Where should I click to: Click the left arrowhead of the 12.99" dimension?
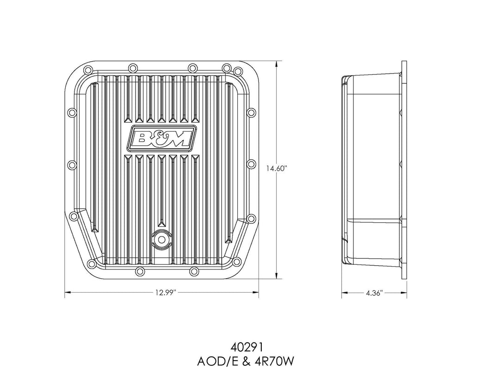[67, 293]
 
